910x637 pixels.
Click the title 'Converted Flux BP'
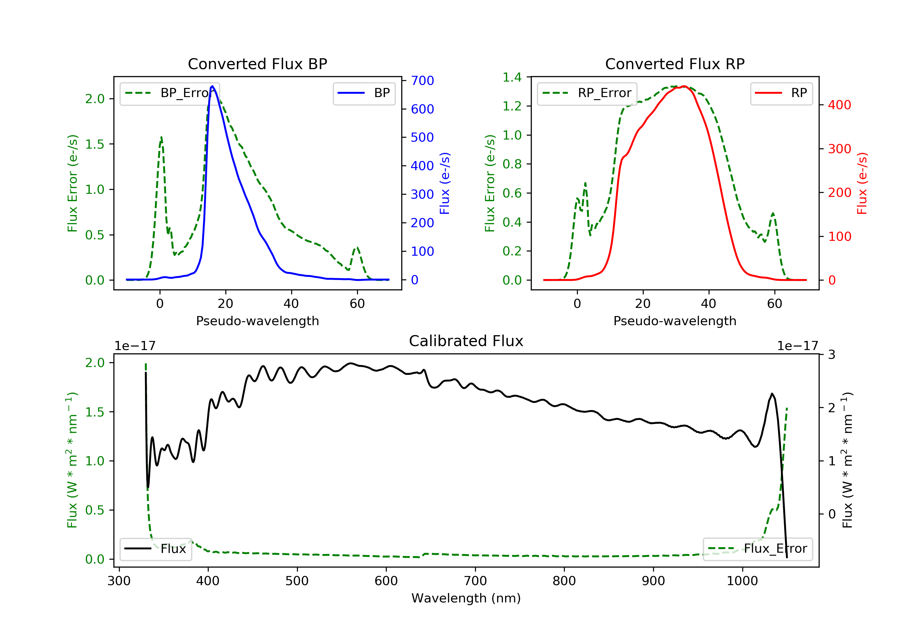(x=257, y=64)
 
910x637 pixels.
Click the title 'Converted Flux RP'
(x=675, y=64)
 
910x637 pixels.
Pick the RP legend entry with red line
(x=781, y=93)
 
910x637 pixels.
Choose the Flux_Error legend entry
(x=757, y=549)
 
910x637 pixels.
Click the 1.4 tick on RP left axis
(x=512, y=77)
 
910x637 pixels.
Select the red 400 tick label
(x=839, y=105)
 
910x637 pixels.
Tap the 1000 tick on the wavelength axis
(x=742, y=581)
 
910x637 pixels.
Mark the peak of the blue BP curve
(x=212, y=86)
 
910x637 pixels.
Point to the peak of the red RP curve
(x=685, y=86)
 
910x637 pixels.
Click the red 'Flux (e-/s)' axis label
(x=862, y=183)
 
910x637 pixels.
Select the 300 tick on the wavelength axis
(x=119, y=581)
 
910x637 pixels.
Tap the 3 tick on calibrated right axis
(x=831, y=354)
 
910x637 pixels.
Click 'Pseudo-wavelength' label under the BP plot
(x=257, y=321)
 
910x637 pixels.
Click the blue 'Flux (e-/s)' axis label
(x=444, y=183)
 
